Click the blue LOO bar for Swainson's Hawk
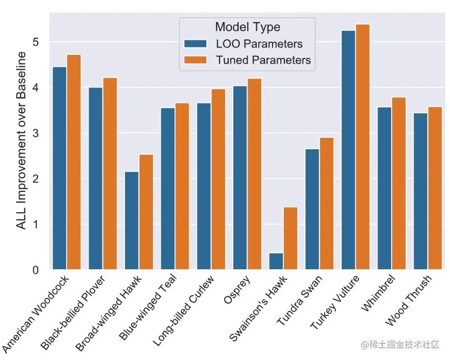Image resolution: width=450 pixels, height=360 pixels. click(276, 261)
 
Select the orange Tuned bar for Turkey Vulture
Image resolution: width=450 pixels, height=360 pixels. click(363, 147)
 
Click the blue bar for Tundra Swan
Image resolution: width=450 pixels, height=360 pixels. click(312, 209)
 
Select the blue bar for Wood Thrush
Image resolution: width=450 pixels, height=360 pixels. click(421, 191)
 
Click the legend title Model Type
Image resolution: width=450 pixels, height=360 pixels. click(248, 27)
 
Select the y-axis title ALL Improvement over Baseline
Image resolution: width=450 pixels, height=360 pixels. click(21, 147)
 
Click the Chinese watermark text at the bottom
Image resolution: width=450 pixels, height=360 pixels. click(400, 345)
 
